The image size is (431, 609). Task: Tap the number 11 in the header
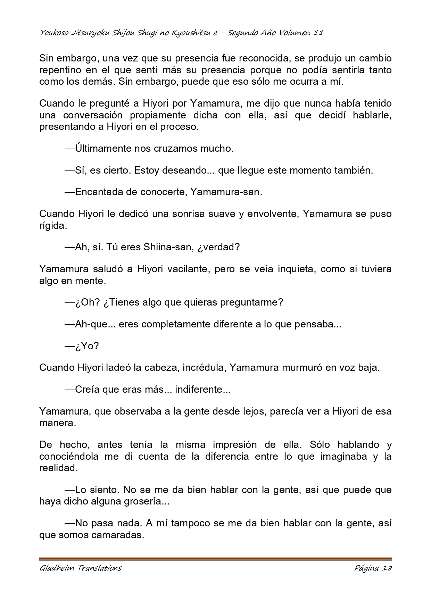pos(318,33)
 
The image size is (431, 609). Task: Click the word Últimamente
pos(103,149)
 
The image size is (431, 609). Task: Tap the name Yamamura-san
pos(226,192)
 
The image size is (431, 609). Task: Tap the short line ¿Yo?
pos(86,346)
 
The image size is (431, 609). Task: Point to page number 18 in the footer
pos(387,568)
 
